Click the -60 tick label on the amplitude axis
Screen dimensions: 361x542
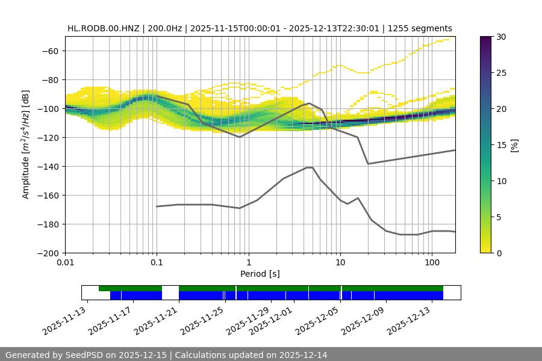(x=50, y=51)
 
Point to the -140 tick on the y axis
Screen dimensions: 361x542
(x=48, y=166)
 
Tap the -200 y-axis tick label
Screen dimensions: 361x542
(x=48, y=253)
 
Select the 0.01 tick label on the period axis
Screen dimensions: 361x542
(x=65, y=263)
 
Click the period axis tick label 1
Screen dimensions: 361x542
(x=248, y=263)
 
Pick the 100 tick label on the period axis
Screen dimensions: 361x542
(x=431, y=263)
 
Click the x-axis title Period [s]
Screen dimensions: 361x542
(x=260, y=274)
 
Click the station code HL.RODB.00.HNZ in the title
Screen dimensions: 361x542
(x=103, y=28)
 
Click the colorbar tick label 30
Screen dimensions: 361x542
(x=502, y=37)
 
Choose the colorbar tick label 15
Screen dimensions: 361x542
(x=502, y=144)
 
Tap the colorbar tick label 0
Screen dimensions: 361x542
(x=499, y=253)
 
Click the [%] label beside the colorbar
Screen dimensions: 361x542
(x=514, y=144)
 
